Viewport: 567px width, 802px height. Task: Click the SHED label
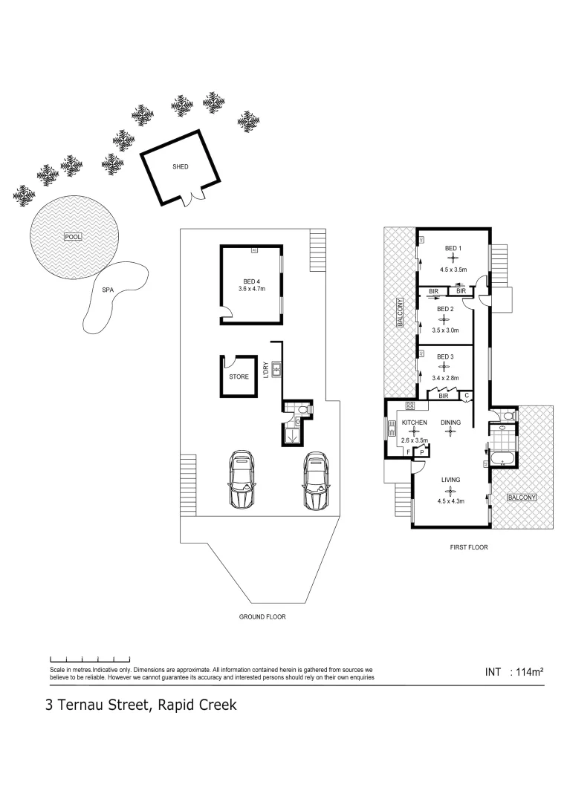pos(181,167)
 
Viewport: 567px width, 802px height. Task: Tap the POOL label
pos(72,237)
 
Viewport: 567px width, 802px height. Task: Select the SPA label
pos(108,290)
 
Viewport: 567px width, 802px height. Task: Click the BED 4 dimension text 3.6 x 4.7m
pos(251,289)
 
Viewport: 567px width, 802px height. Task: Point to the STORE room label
pos(239,377)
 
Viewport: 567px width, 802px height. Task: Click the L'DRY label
pos(265,369)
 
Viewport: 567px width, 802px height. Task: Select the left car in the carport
pos(242,481)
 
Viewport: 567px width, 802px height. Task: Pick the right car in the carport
pos(315,481)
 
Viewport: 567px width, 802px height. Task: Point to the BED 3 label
pos(444,357)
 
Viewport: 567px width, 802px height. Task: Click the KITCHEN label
pos(414,423)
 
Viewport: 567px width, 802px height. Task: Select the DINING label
pos(450,423)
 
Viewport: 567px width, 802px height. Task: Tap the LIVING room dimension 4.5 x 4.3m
pos(450,501)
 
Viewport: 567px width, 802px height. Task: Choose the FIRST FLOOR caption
pos(469,547)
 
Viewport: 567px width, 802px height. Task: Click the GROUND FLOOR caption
pos(262,617)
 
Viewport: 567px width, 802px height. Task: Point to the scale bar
pos(90,659)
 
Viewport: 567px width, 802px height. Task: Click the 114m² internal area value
pos(530,672)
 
